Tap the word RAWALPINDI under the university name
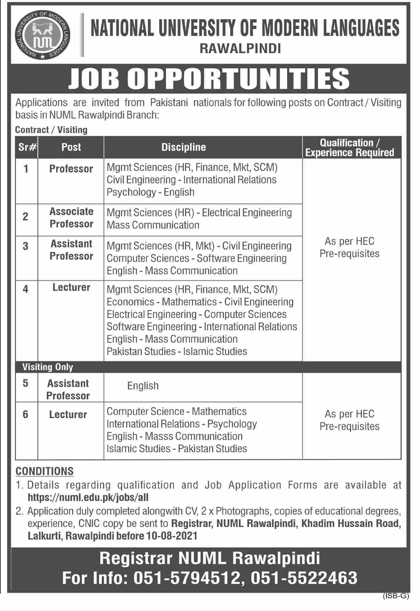[x=240, y=49]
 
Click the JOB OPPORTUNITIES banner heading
[x=209, y=78]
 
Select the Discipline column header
[x=183, y=147]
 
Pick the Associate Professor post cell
[x=71, y=217]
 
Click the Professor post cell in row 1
[x=71, y=169]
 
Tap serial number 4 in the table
[x=25, y=289]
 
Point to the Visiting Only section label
[x=48, y=367]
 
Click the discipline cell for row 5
[x=143, y=386]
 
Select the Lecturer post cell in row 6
[x=68, y=415]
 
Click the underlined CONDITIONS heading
[x=45, y=471]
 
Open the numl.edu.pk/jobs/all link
[x=88, y=498]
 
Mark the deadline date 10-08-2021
[x=172, y=536]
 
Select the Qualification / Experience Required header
[x=350, y=148]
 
